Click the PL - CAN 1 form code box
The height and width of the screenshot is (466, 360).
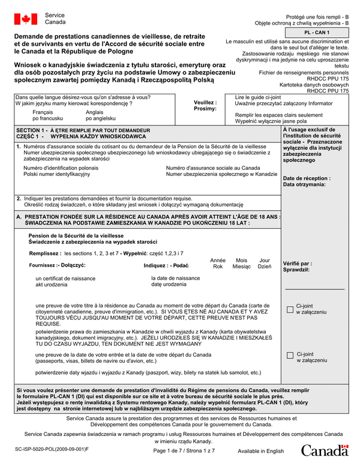317,32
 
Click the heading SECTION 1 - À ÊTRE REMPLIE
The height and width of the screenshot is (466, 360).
82,130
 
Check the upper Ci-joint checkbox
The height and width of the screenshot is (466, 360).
290,309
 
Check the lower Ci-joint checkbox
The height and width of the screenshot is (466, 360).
290,356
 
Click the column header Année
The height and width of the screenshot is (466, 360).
218,260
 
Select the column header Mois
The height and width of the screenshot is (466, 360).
241,260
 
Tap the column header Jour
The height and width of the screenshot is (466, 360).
264,260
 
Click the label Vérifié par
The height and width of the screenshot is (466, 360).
297,264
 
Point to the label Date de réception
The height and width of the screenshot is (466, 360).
306,178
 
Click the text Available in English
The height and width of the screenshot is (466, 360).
260,451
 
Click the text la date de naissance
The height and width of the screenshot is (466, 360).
176,278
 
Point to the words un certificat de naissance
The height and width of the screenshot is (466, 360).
66,279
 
